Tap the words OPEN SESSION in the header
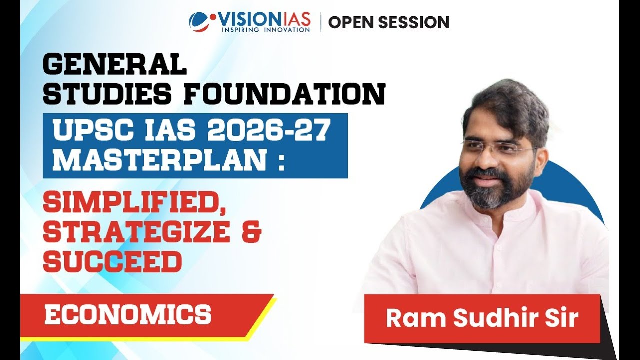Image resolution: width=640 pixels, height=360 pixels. click(389, 22)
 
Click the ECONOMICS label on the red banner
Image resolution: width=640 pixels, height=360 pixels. click(128, 315)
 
